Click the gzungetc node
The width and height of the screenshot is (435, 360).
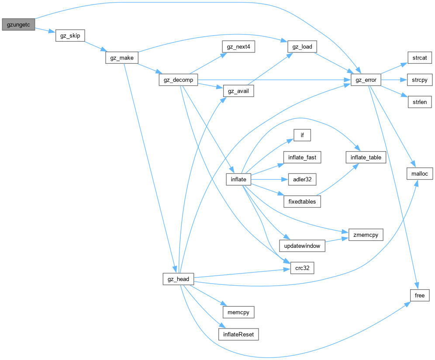(18, 24)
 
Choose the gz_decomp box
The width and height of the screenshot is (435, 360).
(178, 80)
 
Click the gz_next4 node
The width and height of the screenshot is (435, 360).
(238, 46)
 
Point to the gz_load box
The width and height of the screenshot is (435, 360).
(302, 46)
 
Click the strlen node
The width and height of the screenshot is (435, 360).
(419, 102)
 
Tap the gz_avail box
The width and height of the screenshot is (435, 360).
(238, 91)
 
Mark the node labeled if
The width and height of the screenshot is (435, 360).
(302, 135)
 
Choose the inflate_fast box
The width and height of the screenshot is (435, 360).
(302, 157)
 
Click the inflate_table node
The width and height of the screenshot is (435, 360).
(366, 157)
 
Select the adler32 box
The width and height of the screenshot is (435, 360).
(302, 179)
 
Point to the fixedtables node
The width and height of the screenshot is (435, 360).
(302, 201)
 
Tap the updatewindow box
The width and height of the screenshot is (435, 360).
(302, 246)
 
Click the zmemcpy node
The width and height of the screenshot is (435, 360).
(366, 235)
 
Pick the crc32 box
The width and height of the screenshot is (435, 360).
(302, 268)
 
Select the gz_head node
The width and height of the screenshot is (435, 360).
(178, 279)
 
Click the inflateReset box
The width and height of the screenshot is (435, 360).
(238, 335)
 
